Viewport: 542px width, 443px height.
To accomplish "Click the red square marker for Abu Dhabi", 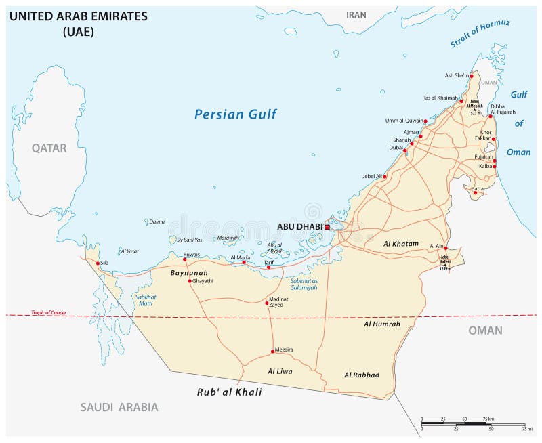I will click(327, 228).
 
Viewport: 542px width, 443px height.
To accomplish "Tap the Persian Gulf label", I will click(235, 114).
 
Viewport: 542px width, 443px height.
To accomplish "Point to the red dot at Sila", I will click(98, 263).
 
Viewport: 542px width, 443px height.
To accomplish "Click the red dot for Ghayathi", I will click(190, 281).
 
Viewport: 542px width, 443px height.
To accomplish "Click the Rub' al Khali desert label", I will click(229, 392).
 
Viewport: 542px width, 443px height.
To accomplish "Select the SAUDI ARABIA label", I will click(119, 407).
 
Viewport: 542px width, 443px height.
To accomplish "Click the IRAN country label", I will click(356, 15).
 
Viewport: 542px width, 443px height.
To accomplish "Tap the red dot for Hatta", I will click(476, 193).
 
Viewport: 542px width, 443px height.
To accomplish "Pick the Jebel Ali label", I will click(372, 176).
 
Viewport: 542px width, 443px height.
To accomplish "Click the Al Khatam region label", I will click(401, 243).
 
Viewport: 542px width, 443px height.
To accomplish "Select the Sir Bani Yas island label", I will click(189, 240).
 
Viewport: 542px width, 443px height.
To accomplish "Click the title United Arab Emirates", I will click(78, 17).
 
